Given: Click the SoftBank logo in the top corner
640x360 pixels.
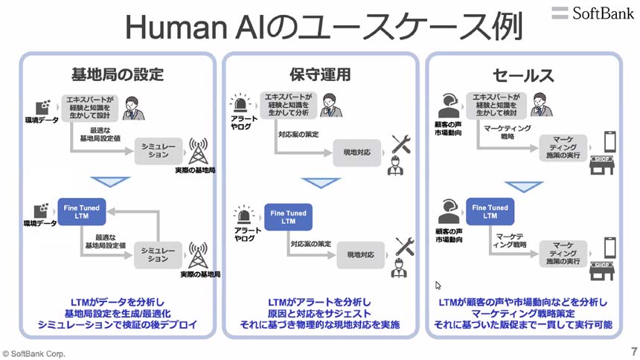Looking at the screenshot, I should [x=593, y=12].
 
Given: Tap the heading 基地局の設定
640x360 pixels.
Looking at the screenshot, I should [x=117, y=75].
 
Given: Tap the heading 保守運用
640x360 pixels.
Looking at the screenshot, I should [x=320, y=75].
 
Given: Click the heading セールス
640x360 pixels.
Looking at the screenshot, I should [x=523, y=75].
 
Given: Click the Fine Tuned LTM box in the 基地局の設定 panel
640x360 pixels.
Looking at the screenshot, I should [x=82, y=210].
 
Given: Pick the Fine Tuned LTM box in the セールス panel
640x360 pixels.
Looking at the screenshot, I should [x=490, y=212].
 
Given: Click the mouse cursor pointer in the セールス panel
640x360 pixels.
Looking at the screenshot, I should [x=438, y=285].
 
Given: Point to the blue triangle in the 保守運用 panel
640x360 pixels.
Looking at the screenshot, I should [x=321, y=183].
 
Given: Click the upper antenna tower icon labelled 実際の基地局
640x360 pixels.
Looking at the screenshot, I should [x=198, y=152].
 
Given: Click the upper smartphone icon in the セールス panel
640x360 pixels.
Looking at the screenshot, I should [x=609, y=142].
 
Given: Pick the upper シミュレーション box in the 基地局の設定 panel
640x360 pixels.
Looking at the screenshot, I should [x=159, y=151].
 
